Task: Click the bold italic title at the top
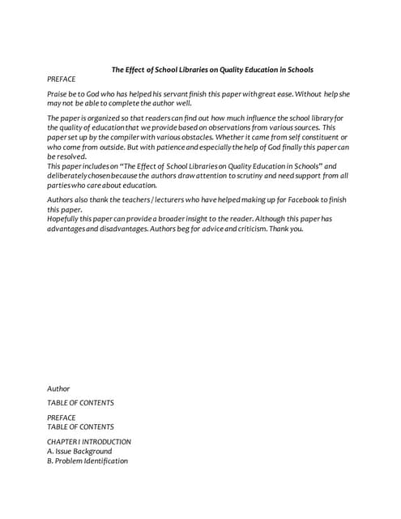[x=211, y=70]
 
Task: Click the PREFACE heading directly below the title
[x=61, y=79]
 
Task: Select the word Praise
[x=58, y=94]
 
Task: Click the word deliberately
[x=72, y=175]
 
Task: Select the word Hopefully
[x=68, y=219]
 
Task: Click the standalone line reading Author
[x=58, y=389]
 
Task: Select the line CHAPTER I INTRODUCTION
[x=89, y=442]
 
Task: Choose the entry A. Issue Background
[x=79, y=452]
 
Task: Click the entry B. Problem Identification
[x=87, y=461]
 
